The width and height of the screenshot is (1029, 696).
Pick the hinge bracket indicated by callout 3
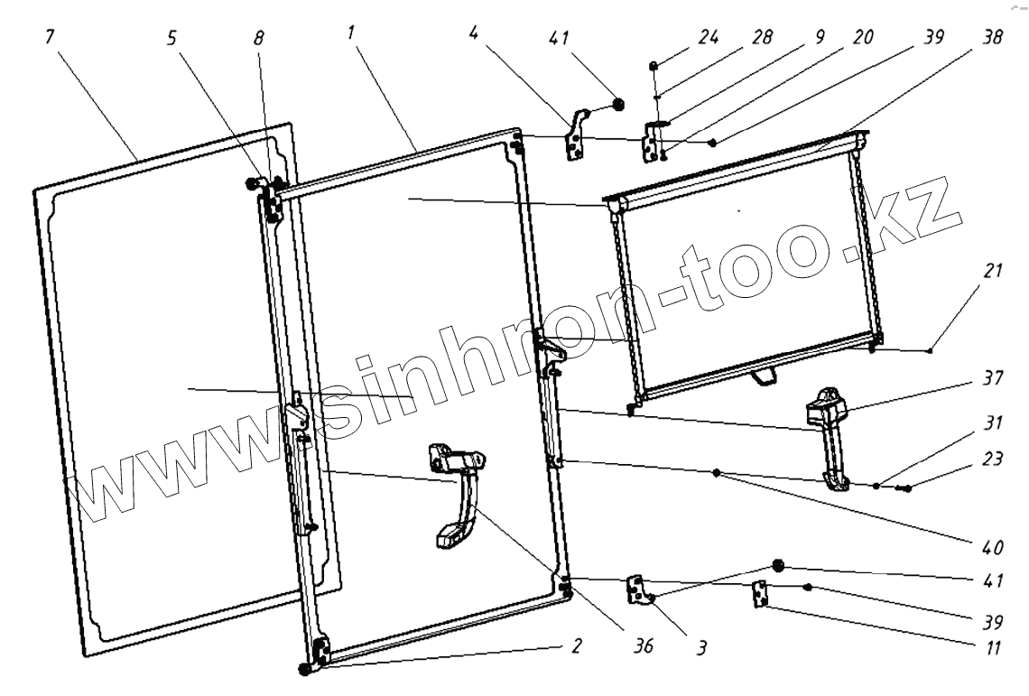click(640, 589)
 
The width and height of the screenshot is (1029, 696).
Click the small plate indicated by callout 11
click(760, 594)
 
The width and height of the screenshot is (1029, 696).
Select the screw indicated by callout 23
click(903, 488)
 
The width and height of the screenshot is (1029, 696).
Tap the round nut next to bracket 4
click(619, 103)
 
